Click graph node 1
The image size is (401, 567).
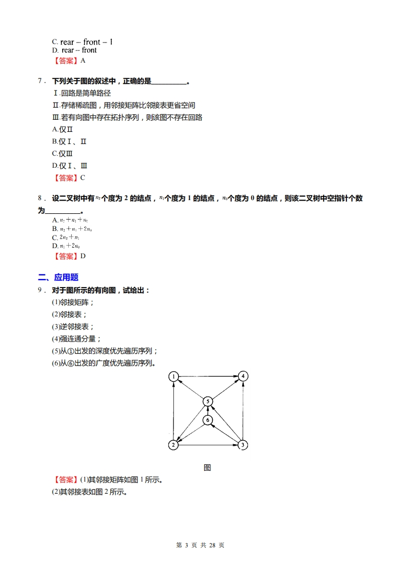pos(173,376)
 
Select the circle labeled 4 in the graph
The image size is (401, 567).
pos(243,376)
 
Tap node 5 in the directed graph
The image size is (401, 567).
pos(208,401)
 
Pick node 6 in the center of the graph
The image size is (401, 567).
pos(208,420)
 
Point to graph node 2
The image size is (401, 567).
pos(173,445)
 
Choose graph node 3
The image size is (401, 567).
pos(243,445)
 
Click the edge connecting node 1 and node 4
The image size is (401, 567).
pos(208,376)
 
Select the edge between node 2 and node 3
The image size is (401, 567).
pos(208,445)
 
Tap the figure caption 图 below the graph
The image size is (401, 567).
pos(207,467)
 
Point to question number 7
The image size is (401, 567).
pos(40,81)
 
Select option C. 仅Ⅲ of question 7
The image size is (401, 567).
pos(62,154)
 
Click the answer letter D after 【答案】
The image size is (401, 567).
pos(83,256)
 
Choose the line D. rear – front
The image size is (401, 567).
pos(74,50)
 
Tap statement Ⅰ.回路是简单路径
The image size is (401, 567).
pos(82,93)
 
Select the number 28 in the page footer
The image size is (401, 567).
pos(212,545)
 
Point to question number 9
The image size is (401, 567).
pos(40,290)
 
